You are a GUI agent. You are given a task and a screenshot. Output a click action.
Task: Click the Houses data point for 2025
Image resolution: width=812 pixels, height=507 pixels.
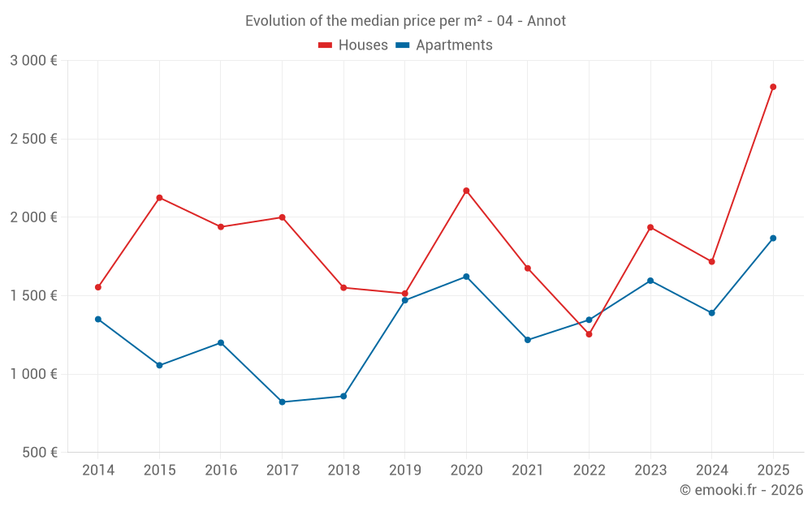pos(773,87)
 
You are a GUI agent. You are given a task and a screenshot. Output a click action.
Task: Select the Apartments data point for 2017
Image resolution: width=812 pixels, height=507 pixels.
pos(282,402)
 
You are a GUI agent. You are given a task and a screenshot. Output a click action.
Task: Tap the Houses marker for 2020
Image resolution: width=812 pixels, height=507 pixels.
pos(466,191)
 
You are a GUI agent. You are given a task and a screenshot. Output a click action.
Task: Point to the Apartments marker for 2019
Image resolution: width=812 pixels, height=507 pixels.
pos(404,300)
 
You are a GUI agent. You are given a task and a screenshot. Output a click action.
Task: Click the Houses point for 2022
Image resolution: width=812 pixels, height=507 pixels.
pos(589,334)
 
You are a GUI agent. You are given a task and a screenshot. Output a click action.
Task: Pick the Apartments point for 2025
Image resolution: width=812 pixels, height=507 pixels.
pos(773,238)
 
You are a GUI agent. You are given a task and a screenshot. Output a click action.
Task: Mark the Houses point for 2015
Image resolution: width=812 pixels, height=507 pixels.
pos(159,198)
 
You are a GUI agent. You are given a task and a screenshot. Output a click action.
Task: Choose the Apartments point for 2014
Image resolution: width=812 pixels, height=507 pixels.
pos(98,320)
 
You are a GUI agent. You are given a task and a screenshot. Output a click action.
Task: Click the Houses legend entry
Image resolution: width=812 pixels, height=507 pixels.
pos(353,45)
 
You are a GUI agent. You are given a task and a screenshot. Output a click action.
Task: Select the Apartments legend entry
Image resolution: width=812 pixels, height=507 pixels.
pos(444,45)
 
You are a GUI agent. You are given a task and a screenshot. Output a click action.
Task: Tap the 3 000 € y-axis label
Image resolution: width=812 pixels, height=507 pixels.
pos(33,61)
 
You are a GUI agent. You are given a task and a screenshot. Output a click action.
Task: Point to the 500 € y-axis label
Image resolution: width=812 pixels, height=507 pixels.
pos(39,453)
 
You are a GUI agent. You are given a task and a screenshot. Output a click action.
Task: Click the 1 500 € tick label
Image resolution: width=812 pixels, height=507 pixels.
pos(33,296)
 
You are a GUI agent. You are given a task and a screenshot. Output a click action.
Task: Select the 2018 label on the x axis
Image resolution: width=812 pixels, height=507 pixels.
pos(343,470)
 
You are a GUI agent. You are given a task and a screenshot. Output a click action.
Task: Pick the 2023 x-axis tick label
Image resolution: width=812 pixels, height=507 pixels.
pos(650,470)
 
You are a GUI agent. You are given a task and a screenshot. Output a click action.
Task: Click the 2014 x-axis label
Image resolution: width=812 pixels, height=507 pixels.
pos(98,470)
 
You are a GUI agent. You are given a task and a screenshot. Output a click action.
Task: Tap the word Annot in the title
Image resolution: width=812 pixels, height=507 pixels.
pos(546,21)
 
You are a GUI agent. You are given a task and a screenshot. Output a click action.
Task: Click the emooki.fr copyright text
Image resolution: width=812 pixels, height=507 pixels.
pos(741,490)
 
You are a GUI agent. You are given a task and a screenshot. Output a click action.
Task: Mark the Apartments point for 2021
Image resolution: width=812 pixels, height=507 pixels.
pos(528,340)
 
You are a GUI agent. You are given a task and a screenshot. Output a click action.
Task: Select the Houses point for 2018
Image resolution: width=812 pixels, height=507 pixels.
pos(343,288)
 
